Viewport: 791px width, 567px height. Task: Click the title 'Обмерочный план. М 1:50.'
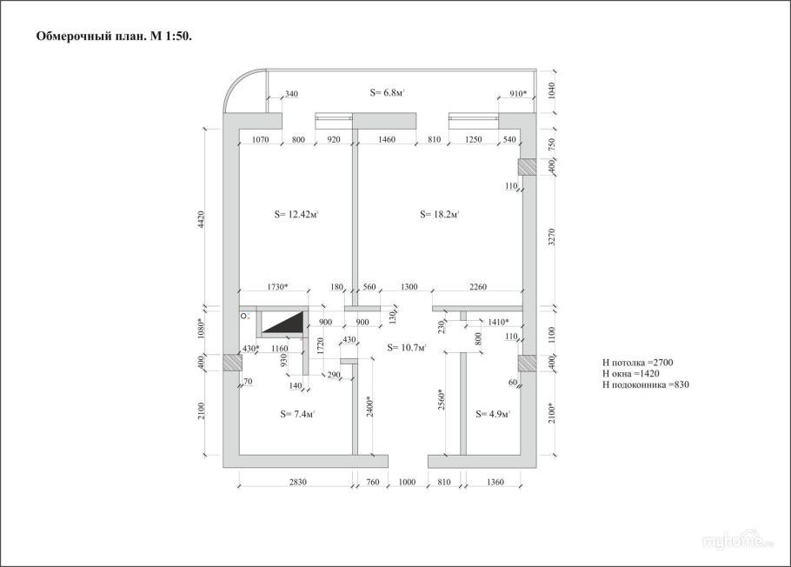[114, 37]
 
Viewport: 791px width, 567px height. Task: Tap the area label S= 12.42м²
[296, 214]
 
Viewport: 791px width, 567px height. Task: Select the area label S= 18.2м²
[439, 214]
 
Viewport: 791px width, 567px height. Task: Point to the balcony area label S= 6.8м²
[388, 92]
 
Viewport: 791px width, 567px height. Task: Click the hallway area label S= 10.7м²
[407, 347]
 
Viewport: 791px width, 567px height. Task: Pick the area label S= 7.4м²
[297, 414]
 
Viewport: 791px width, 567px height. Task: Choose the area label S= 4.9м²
[493, 414]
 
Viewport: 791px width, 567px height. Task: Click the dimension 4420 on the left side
[202, 220]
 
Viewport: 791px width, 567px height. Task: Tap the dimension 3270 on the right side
[551, 237]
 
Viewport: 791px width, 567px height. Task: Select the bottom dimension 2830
[297, 482]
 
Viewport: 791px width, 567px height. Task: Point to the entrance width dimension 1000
[407, 482]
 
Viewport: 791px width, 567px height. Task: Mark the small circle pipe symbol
[243, 317]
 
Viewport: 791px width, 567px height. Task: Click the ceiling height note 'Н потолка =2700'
[637, 363]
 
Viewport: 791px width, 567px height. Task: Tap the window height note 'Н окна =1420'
[630, 374]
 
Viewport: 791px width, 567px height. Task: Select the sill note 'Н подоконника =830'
[645, 384]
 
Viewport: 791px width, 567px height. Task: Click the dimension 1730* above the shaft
[277, 287]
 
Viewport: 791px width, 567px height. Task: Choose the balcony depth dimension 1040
[551, 91]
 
